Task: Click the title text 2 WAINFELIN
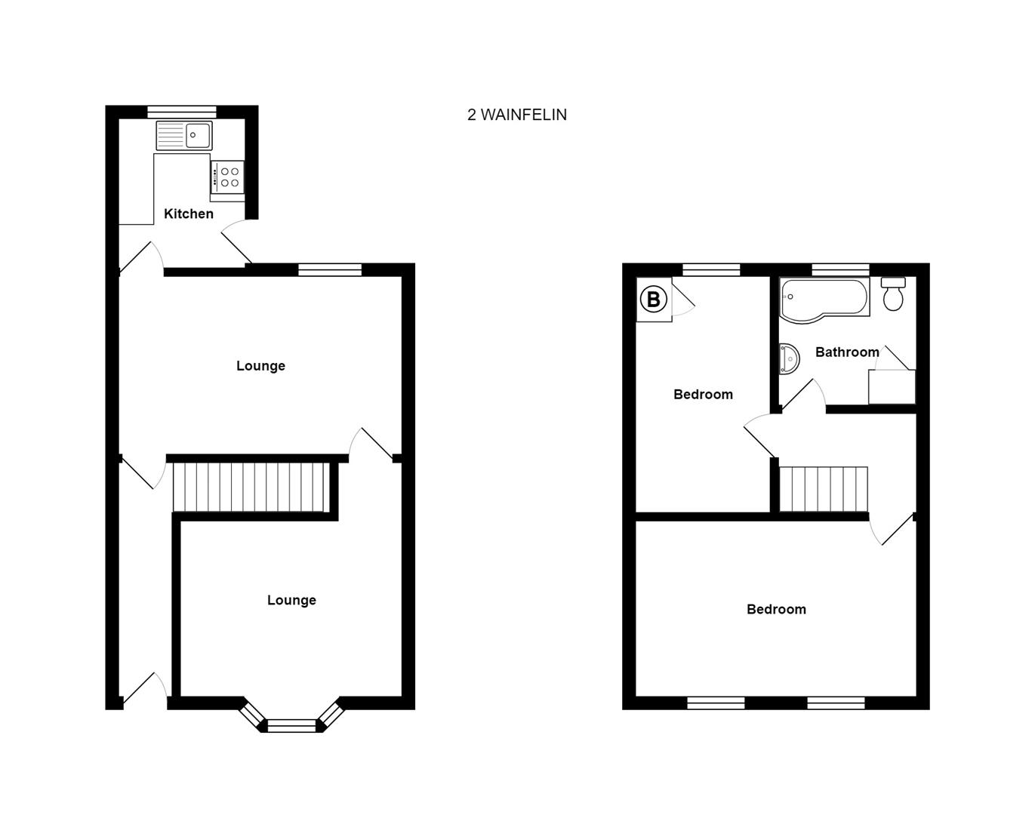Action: pos(516,115)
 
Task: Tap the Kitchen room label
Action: pos(189,214)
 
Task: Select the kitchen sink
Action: pos(185,136)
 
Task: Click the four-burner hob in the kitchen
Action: pos(227,177)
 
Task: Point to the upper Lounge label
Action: pos(260,366)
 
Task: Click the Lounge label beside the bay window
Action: pos(291,600)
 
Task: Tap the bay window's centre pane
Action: pos(291,726)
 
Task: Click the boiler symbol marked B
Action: pos(654,300)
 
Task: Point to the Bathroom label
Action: pos(847,352)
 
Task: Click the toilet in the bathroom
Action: pos(894,294)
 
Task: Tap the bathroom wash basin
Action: pos(789,359)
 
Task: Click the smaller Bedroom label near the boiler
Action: pos(703,394)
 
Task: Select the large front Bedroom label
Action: pos(776,609)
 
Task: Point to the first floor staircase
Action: pos(824,489)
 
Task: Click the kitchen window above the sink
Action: pos(182,112)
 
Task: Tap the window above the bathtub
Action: pos(840,269)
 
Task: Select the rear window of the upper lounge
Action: pos(330,269)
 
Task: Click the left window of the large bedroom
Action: pos(716,703)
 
